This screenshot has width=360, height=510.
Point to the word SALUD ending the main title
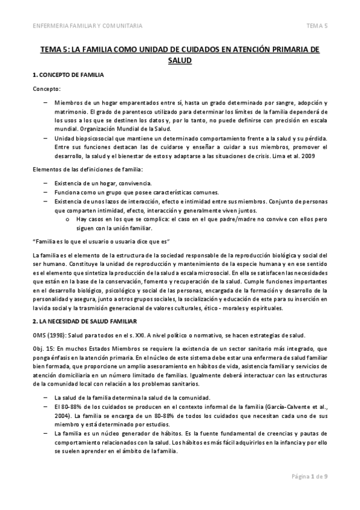(x=180, y=60)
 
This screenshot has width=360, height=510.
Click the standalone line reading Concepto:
(x=46, y=89)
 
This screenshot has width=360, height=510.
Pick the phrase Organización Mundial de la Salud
(x=126, y=129)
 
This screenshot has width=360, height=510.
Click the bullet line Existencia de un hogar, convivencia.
(x=103, y=182)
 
